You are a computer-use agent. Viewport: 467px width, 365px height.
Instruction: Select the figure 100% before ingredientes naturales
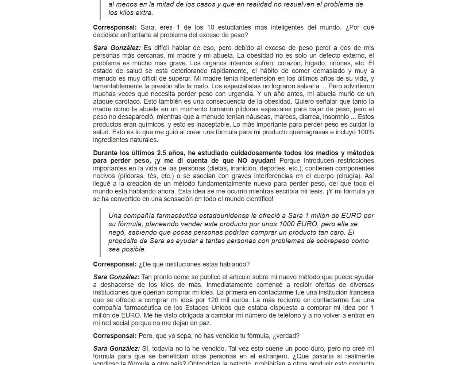point(366,132)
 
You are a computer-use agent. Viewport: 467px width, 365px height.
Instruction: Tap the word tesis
point(315,191)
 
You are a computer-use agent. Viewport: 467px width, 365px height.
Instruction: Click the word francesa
point(361,292)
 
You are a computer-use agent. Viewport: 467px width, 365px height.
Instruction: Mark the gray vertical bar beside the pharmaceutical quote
point(100,233)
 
